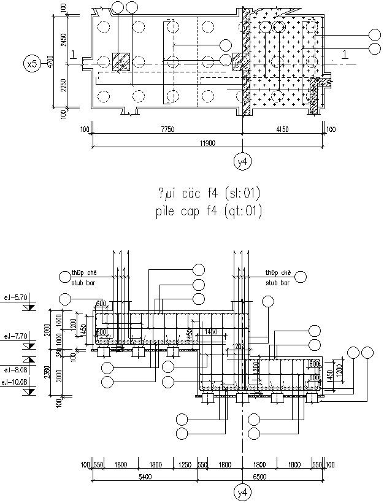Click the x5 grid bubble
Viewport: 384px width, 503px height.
[31, 63]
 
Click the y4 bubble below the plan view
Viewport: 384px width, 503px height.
[243, 161]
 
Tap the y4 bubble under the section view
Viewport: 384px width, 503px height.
[243, 492]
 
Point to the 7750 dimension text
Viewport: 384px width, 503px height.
[167, 129]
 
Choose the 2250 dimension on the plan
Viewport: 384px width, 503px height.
[64, 87]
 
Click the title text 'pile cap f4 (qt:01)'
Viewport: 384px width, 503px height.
[209, 212]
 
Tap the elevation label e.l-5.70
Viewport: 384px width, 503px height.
[15, 298]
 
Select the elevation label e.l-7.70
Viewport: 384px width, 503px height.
[15, 336]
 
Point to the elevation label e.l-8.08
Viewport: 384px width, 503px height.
[15, 370]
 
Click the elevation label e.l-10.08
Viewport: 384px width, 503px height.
[15, 383]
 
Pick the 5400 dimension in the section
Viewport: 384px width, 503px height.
[145, 477]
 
